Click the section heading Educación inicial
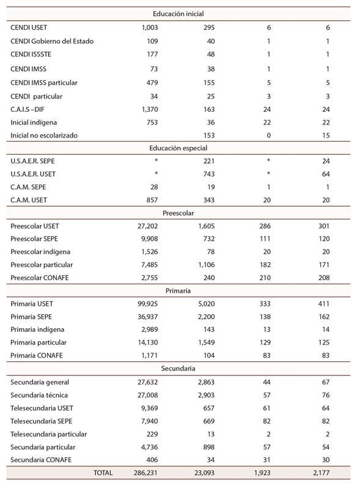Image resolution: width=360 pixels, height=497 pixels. (178, 13)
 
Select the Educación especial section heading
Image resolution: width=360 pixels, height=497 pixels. (178, 148)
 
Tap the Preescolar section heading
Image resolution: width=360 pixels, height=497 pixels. (178, 213)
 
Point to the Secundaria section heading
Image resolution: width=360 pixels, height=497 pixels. (178, 369)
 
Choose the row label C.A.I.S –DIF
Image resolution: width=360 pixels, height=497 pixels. (31, 109)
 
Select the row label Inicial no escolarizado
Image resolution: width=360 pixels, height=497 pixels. (44, 135)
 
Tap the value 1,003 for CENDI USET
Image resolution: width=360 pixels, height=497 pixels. (149, 28)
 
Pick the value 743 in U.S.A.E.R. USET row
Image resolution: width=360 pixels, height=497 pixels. (208, 174)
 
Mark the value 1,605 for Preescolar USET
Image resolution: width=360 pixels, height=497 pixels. (204, 226)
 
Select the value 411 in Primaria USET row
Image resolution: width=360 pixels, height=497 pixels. (323, 304)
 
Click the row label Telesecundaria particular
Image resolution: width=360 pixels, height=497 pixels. (49, 434)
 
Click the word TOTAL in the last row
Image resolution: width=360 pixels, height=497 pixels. (103, 473)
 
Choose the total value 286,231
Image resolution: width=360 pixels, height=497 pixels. (144, 473)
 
